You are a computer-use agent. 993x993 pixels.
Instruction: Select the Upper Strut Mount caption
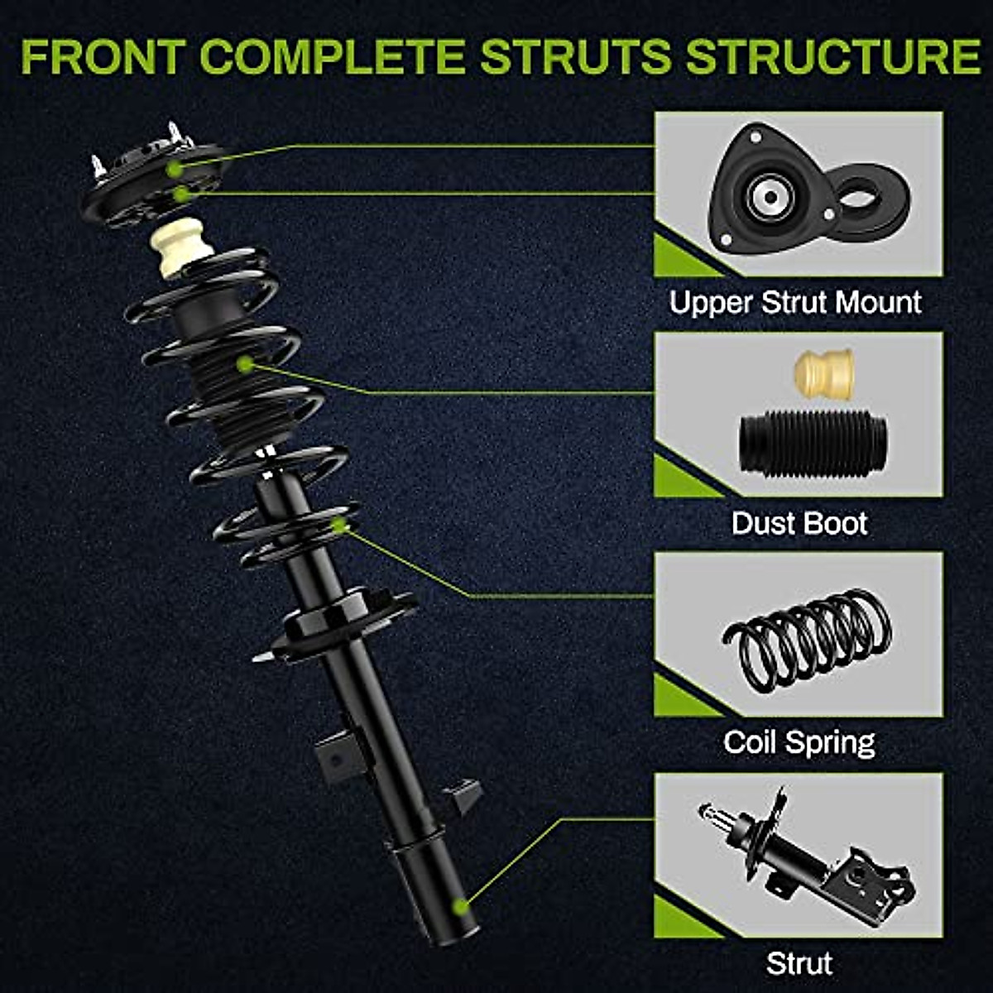coord(795,303)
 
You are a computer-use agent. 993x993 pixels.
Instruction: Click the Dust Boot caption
coord(799,524)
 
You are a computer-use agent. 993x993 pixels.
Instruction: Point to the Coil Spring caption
coord(799,742)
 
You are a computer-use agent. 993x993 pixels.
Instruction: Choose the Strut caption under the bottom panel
coord(799,964)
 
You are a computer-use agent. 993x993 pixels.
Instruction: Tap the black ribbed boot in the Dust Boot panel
coord(813,443)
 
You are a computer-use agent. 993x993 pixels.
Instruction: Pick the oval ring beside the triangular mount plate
coord(870,199)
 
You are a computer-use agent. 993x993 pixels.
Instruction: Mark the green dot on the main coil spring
coord(339,525)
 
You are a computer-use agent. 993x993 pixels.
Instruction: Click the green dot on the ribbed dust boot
coord(244,363)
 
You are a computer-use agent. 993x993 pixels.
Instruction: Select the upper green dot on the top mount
coord(175,169)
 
